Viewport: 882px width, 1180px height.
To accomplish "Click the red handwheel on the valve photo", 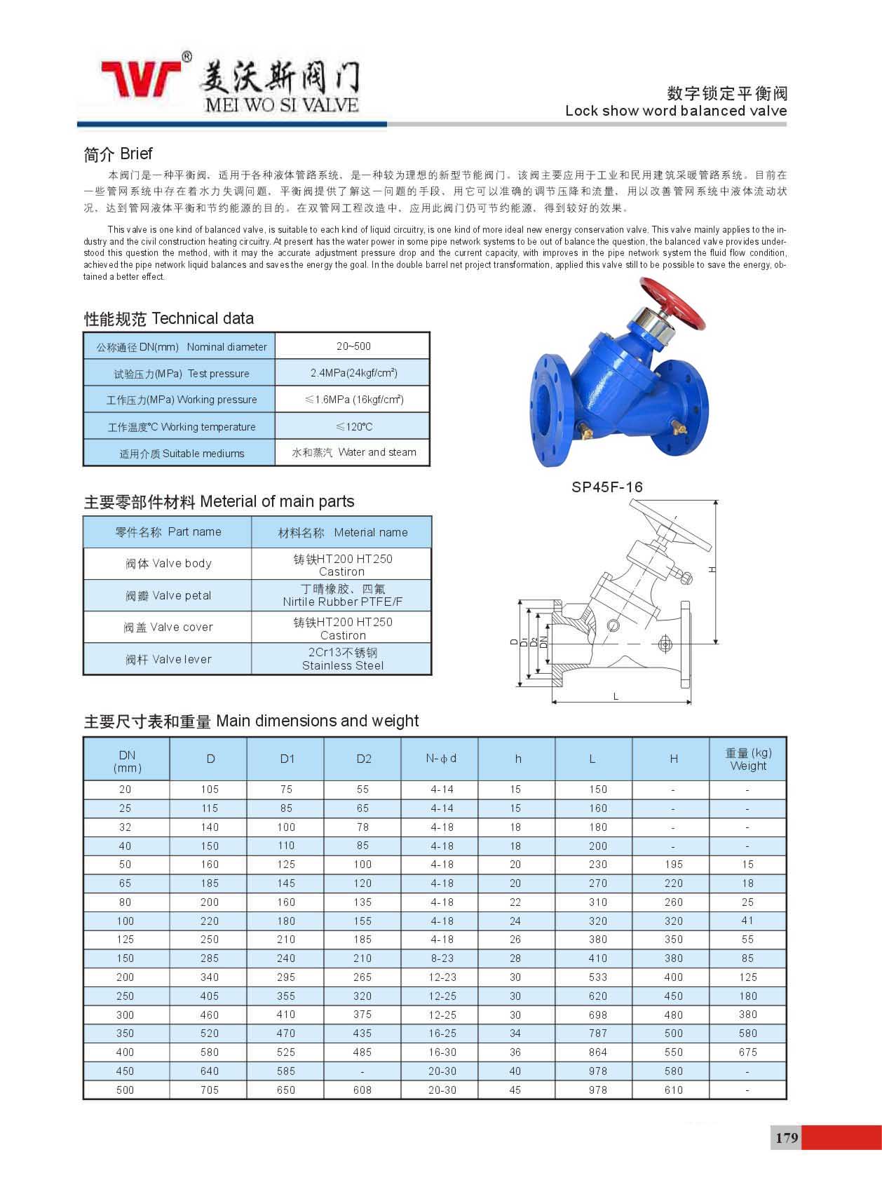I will coord(672,304).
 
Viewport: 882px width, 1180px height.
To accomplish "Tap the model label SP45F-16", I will coord(606,487).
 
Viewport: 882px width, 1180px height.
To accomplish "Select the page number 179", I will coord(787,1137).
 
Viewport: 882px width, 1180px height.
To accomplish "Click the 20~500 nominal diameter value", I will coord(353,346).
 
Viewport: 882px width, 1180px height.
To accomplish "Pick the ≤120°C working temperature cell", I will coord(353,426).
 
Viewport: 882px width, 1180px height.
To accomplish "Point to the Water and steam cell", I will coord(353,452).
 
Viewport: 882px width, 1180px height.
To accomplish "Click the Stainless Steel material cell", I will coord(342,659).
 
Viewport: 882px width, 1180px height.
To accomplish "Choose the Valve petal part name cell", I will coord(168,595).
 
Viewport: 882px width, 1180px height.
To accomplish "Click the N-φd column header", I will coord(441,759).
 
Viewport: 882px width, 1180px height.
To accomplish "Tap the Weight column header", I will coord(748,759).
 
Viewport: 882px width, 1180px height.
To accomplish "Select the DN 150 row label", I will coord(125,958).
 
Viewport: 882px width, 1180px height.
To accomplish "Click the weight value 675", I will coord(748,1052).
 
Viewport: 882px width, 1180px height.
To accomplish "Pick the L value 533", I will coord(598,977).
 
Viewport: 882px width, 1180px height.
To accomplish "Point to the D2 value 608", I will coord(362,1090).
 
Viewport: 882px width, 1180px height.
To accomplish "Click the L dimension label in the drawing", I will coord(616,696).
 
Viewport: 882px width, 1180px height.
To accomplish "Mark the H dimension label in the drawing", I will coord(712,569).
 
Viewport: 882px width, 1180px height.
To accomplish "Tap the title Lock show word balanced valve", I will coord(676,111).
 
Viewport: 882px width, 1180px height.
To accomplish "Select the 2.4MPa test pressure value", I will coord(353,373).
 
